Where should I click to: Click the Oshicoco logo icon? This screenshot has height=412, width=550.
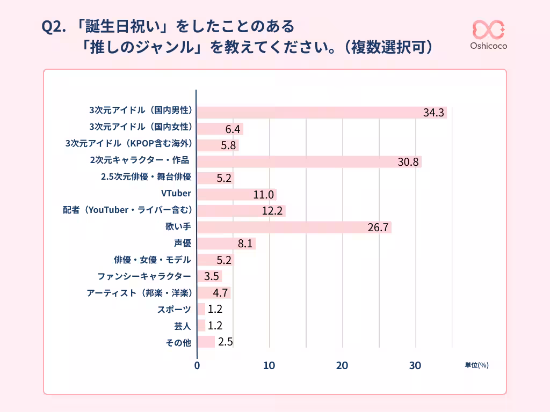click(x=488, y=30)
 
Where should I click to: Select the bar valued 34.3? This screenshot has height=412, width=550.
click(x=322, y=113)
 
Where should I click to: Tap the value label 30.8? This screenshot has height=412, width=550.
click(x=408, y=162)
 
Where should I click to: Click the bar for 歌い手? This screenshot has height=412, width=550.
click(x=294, y=227)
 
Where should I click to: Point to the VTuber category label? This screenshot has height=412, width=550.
click(x=176, y=193)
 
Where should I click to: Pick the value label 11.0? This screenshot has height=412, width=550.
click(x=264, y=195)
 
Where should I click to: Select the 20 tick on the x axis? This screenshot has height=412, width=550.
click(x=342, y=365)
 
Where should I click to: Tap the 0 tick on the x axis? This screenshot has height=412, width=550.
click(x=197, y=365)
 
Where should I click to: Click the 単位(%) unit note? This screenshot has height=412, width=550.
click(x=476, y=365)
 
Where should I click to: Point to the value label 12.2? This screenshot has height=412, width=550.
click(x=272, y=211)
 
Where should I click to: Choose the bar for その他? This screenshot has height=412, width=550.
click(x=206, y=342)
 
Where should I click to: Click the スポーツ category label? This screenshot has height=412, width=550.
click(x=174, y=309)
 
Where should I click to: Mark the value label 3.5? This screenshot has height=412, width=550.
click(x=211, y=277)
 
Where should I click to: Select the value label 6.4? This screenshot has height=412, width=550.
click(x=232, y=129)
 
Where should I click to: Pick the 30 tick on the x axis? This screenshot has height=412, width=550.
click(x=415, y=365)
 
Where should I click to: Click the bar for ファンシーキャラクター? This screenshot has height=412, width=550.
click(x=209, y=276)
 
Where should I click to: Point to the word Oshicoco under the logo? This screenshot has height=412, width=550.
click(x=488, y=46)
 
